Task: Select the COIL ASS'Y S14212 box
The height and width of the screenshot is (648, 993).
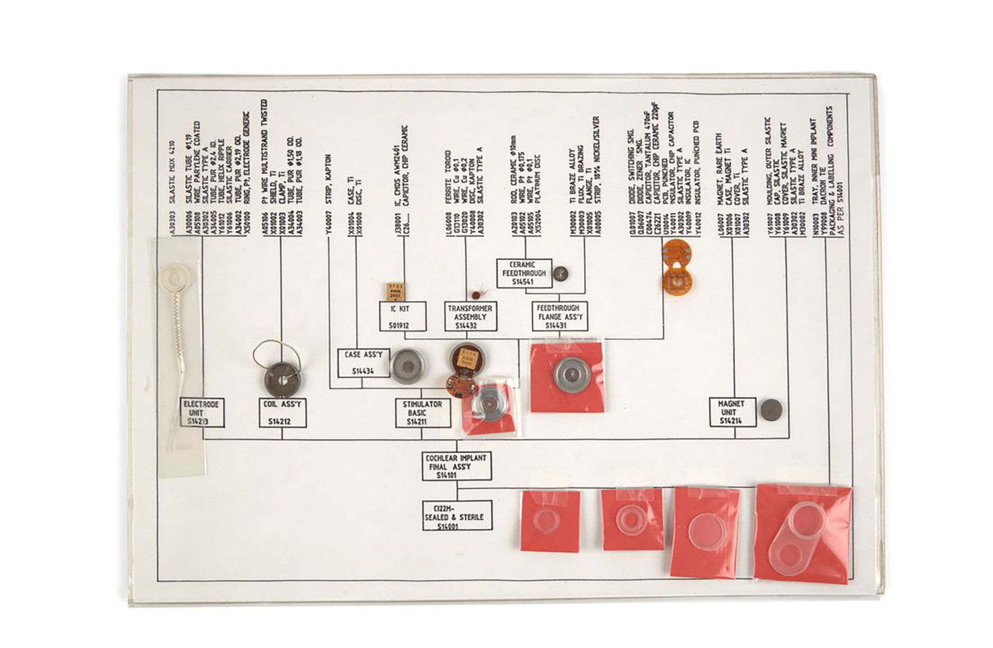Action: tap(283, 413)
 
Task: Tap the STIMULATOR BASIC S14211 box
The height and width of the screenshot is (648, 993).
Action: tap(423, 413)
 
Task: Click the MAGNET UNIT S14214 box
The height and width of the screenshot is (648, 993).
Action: tap(732, 412)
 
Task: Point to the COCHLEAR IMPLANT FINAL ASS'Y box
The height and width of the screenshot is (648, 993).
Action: tap(457, 466)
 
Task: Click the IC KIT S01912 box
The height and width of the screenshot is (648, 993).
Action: tap(403, 317)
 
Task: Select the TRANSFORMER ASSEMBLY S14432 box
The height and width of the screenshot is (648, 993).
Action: tap(470, 317)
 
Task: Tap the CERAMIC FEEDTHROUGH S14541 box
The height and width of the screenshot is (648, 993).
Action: tap(524, 273)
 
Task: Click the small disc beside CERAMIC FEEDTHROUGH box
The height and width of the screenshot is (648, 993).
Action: tap(561, 272)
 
